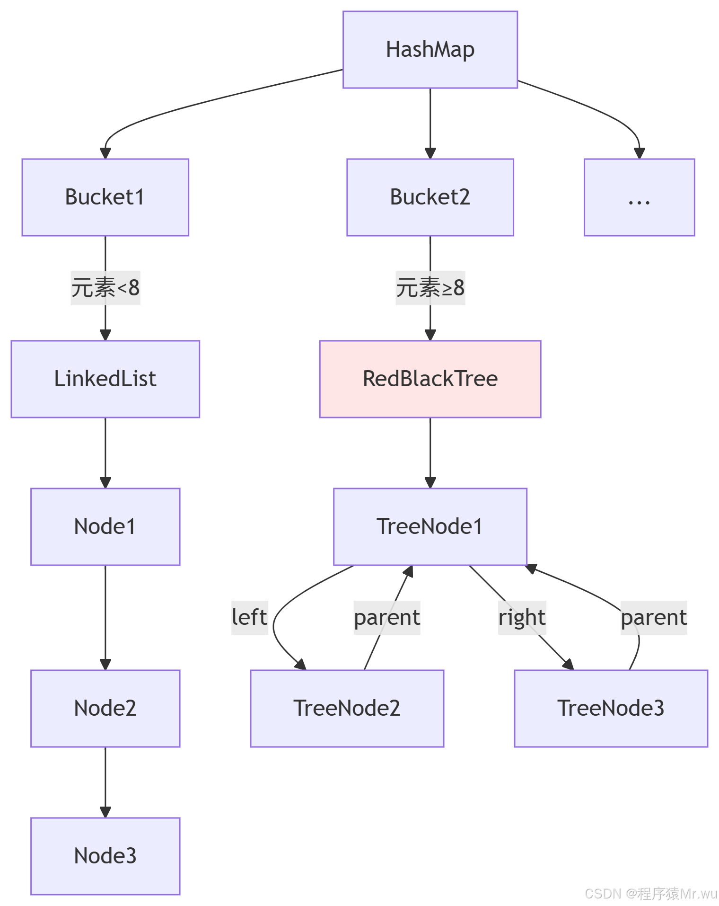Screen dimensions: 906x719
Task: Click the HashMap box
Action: (x=430, y=50)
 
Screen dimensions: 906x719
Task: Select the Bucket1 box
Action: (x=105, y=197)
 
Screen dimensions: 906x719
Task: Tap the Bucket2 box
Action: (x=430, y=197)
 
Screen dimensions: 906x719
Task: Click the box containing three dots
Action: (x=639, y=197)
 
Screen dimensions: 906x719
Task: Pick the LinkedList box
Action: (x=105, y=379)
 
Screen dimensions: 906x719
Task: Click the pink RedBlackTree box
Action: (x=430, y=379)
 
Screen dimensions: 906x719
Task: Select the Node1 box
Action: (x=105, y=526)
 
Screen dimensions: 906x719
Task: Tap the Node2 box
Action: (x=105, y=708)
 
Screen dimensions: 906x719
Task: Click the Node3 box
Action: (x=105, y=856)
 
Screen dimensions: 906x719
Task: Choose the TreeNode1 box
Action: (x=430, y=526)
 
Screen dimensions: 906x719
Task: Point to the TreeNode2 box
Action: (x=347, y=708)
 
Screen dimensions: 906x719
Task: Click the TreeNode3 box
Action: (x=611, y=708)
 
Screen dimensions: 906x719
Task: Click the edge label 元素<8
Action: (x=105, y=288)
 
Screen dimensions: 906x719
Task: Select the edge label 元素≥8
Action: (x=430, y=288)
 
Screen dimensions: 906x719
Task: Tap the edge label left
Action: (x=249, y=617)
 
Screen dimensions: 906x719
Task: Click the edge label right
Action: (x=522, y=617)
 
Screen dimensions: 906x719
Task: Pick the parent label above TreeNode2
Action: (x=386, y=617)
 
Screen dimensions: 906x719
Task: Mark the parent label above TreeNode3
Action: (x=653, y=617)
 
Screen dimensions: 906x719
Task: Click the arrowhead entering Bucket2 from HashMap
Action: (x=430, y=153)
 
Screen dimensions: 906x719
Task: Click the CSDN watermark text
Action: (x=650, y=893)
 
